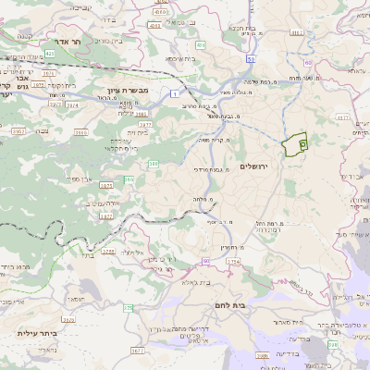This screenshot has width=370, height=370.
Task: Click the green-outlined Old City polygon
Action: click(x=295, y=145)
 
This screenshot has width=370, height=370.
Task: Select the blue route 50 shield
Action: click(x=250, y=58)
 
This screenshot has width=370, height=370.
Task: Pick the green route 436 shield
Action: click(x=200, y=44)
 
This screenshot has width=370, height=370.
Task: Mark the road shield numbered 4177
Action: click(x=341, y=118)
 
